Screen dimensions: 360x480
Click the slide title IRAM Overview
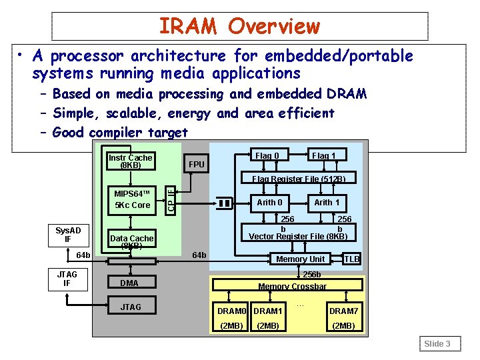tap(239, 27)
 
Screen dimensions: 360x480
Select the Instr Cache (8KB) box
tap(131, 161)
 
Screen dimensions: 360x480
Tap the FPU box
tap(197, 164)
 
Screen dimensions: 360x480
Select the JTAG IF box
tap(67, 279)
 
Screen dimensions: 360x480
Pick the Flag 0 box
tap(267, 156)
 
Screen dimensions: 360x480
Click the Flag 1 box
tap(324, 156)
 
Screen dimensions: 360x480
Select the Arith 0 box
tap(270, 202)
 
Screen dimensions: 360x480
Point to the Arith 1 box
tap(327, 202)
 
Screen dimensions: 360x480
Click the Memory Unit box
tap(300, 259)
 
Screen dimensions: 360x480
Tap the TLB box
tap(351, 259)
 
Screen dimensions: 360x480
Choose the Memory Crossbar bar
tap(293, 285)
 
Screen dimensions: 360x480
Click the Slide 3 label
tap(438, 343)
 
